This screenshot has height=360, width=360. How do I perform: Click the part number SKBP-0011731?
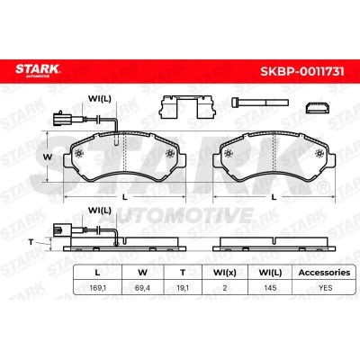pos(302,71)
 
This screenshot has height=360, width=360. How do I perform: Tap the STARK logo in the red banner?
pos(38,70)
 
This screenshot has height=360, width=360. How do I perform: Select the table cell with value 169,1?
pos(98,288)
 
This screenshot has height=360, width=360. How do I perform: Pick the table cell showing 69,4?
pos(142,288)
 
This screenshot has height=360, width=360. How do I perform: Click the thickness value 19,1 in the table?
pos(183,288)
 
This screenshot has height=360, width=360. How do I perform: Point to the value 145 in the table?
pos(270,288)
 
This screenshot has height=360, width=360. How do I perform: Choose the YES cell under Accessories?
pos(326,288)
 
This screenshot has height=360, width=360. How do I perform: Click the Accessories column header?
pos(325,273)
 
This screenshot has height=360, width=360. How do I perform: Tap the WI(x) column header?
pos(225,273)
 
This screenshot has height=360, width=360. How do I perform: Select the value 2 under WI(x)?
pos(225,288)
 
